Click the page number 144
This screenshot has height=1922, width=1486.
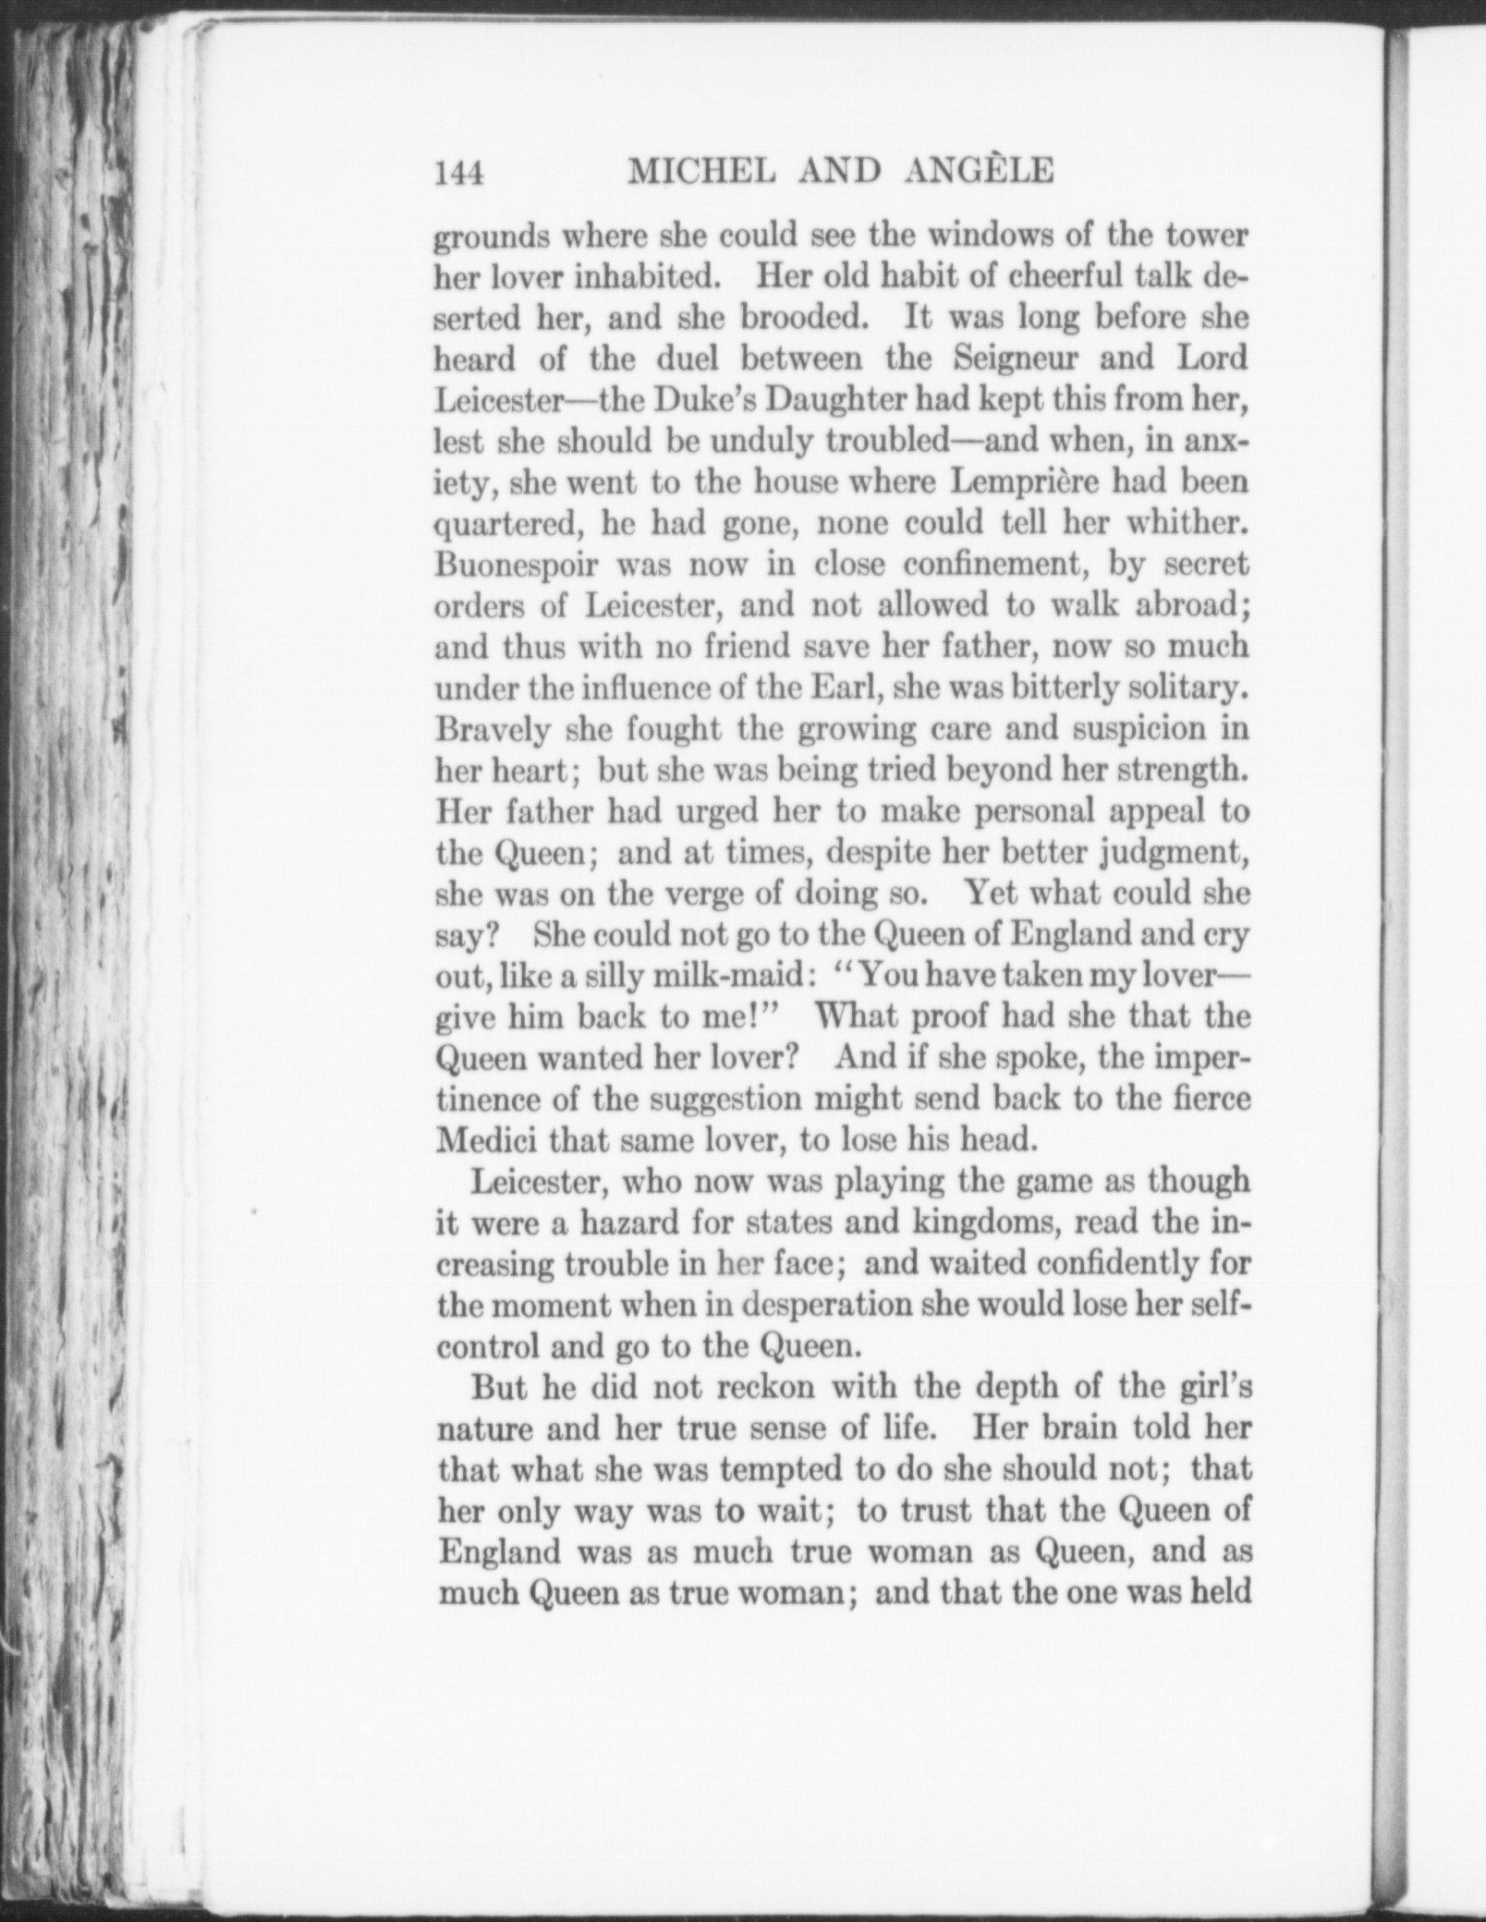click(459, 173)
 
